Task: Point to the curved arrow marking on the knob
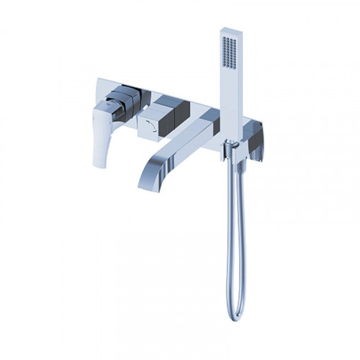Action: (149, 127)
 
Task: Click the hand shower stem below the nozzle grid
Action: (230, 108)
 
